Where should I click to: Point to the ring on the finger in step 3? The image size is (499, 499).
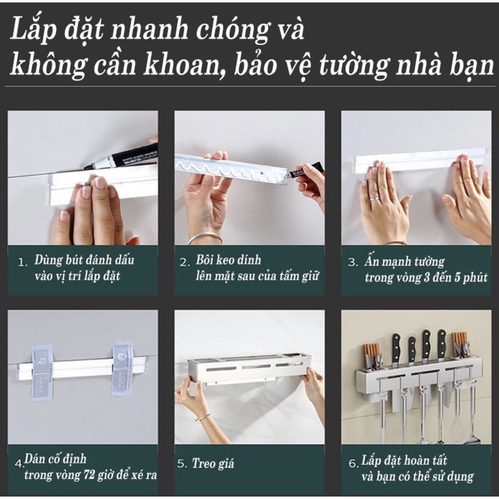pyautogui.click(x=374, y=199)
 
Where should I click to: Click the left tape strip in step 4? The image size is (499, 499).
pyautogui.click(x=42, y=370)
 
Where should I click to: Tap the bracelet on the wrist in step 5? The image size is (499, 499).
pyautogui.click(x=204, y=417)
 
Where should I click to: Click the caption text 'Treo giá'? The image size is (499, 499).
pyautogui.click(x=212, y=463)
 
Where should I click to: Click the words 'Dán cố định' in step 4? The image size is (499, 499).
pyautogui.click(x=55, y=459)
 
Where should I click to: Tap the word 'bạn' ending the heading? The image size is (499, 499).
pyautogui.click(x=472, y=66)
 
